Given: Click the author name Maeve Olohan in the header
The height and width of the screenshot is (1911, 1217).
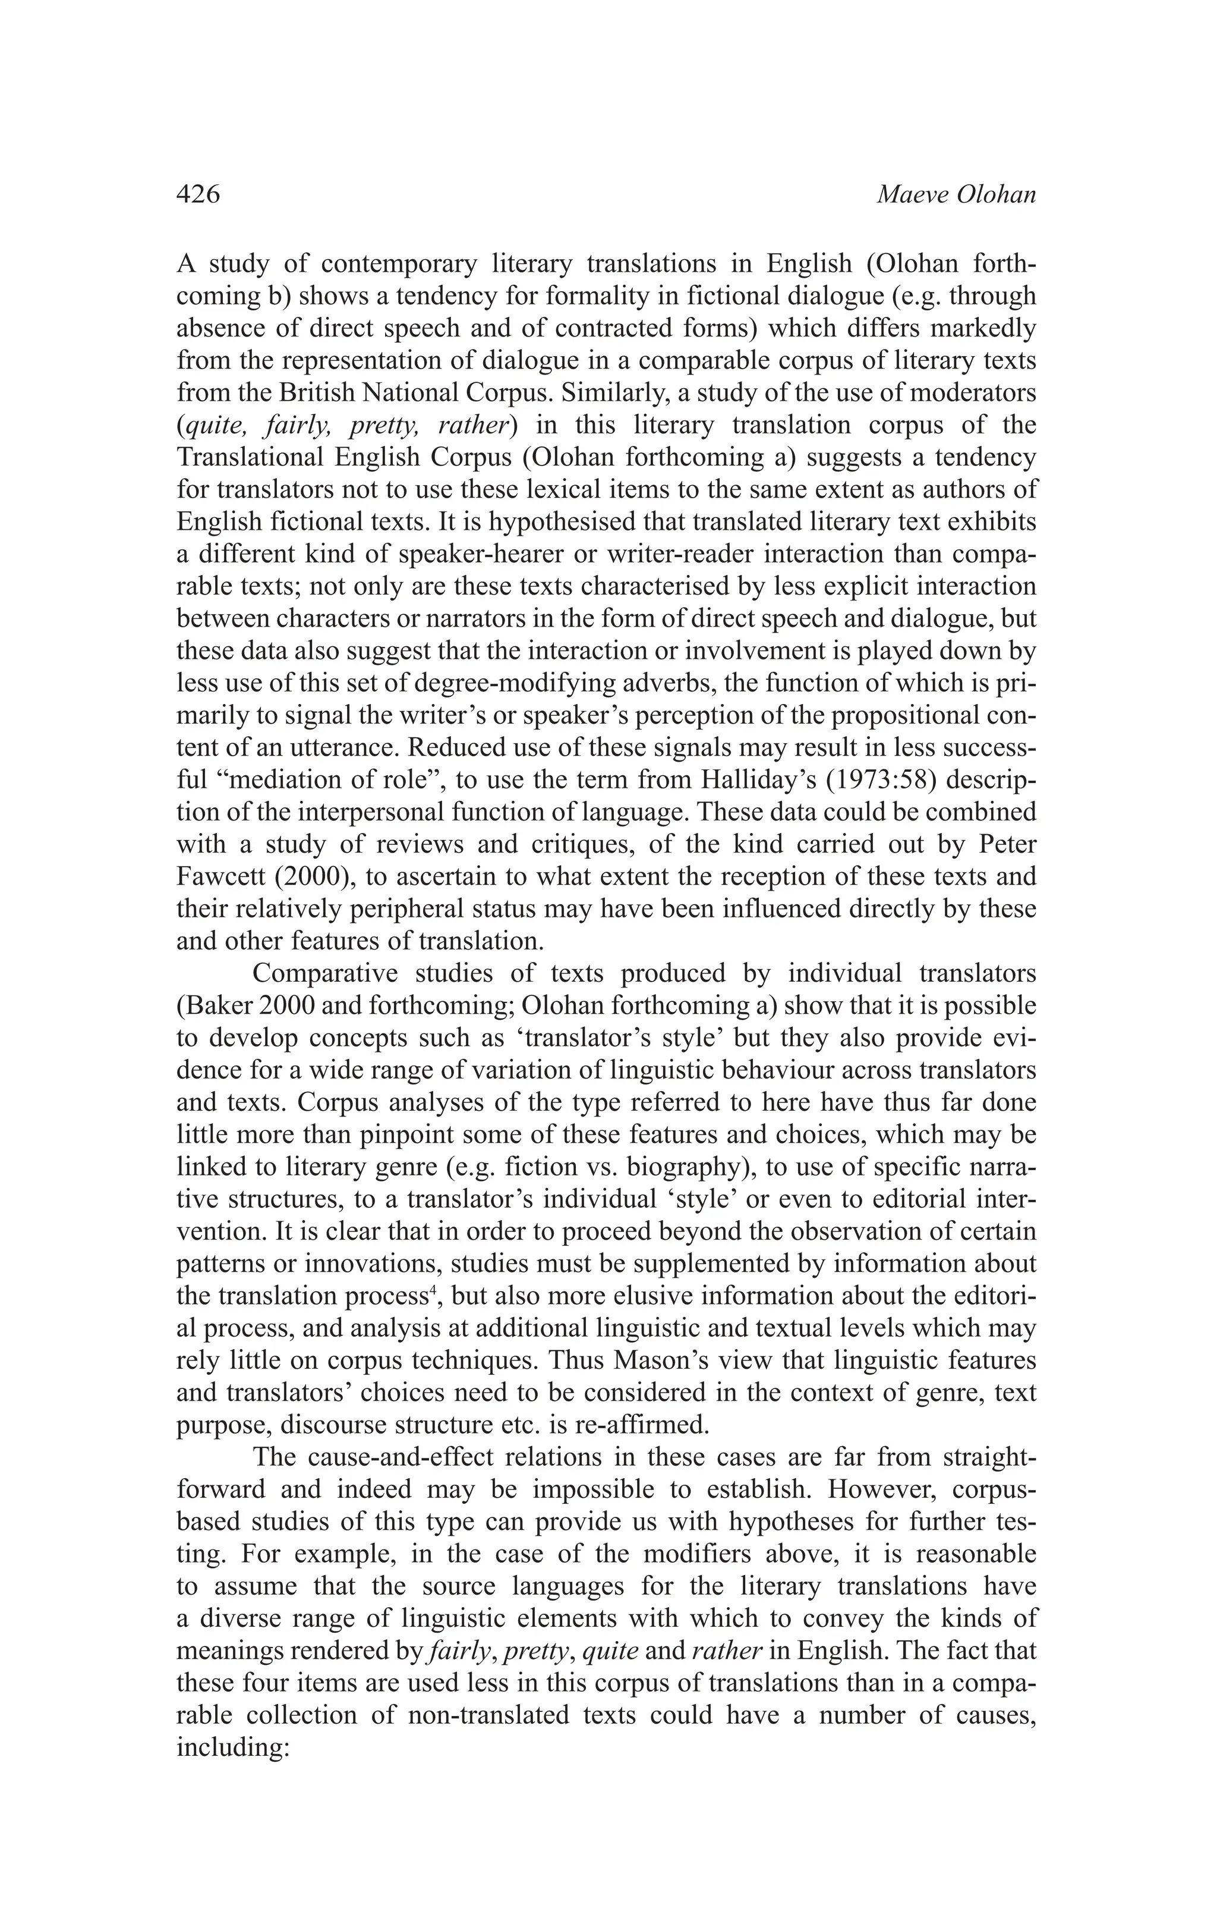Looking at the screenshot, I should click(956, 194).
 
